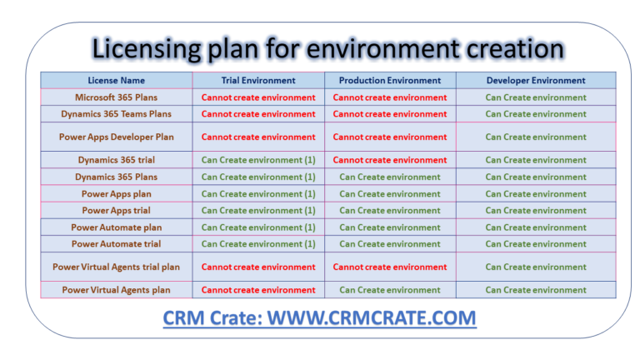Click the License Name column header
point(117,81)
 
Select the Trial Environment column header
point(258,81)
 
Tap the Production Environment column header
point(390,81)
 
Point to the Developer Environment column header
point(536,81)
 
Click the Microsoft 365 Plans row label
point(116,97)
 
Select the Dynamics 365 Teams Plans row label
point(116,114)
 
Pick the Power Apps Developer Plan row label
point(116,137)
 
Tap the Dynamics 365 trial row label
point(116,160)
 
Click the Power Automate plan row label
point(116,227)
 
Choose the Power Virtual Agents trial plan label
point(116,267)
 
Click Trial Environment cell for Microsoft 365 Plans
point(258,97)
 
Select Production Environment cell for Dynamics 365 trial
point(390,160)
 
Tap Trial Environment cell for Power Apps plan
point(258,194)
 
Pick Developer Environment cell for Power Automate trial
point(536,244)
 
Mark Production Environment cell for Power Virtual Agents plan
point(390,290)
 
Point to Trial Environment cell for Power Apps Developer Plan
point(258,137)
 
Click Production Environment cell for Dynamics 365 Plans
point(390,177)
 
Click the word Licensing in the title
point(146,48)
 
